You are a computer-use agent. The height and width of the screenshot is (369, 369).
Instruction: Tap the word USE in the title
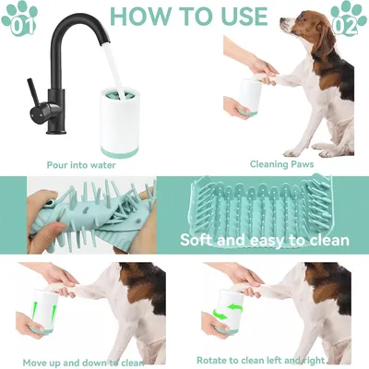(238, 16)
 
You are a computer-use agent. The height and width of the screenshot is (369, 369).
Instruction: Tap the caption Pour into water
(81, 165)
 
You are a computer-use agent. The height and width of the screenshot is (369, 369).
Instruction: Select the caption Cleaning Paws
(280, 165)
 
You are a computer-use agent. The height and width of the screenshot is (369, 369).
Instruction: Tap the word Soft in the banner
(201, 241)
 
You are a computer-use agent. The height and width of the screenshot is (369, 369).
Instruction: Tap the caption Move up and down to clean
(83, 361)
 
